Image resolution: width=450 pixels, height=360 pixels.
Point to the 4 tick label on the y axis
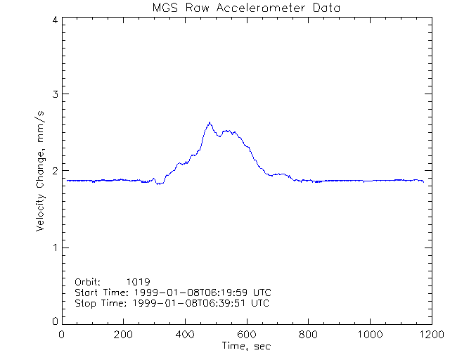click(54, 20)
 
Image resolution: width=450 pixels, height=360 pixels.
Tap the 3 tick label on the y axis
click(54, 94)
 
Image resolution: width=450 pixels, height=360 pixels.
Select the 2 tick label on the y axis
click(54, 171)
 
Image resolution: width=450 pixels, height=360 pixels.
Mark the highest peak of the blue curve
click(210, 123)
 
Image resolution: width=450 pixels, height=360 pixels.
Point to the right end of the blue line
click(423, 181)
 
